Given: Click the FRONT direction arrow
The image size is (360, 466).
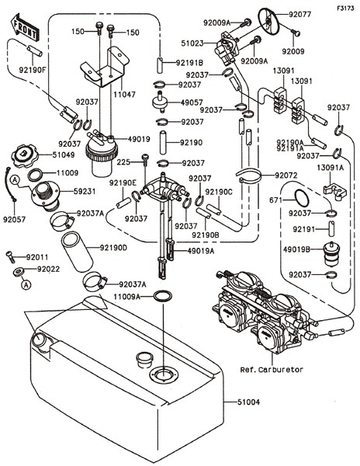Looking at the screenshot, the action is click(24, 27).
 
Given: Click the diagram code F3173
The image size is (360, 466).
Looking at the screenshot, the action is click(345, 9).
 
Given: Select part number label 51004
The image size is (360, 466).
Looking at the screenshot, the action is click(248, 402).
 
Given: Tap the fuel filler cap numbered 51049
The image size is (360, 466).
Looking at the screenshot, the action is click(22, 156).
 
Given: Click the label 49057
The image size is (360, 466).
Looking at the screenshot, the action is click(192, 103).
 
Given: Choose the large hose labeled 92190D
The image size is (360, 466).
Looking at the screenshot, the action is click(77, 252).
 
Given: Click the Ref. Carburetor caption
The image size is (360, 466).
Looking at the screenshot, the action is click(272, 370).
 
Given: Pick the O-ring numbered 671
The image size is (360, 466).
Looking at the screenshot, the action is click(302, 198).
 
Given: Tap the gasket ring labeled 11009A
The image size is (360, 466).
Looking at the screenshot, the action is click(163, 296).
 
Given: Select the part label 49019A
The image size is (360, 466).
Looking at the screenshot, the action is click(201, 251).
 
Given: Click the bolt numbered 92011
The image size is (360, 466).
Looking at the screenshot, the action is click(10, 257).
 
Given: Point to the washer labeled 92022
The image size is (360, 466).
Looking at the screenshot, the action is click(19, 272).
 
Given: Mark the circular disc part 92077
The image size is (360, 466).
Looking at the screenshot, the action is click(269, 20).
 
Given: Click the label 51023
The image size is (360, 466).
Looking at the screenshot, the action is click(192, 43).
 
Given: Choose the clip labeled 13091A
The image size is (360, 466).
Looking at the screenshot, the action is click(334, 191).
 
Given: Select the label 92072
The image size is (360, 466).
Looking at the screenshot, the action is click(286, 176).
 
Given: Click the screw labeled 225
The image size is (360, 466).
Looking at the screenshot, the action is click(145, 160).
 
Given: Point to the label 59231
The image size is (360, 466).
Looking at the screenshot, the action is click(85, 191).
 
